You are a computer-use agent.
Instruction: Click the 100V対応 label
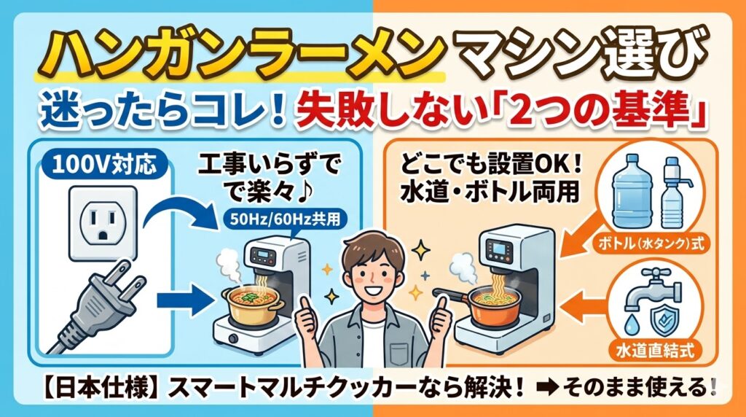tap(104, 165)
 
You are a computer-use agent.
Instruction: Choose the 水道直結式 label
tap(655, 351)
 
